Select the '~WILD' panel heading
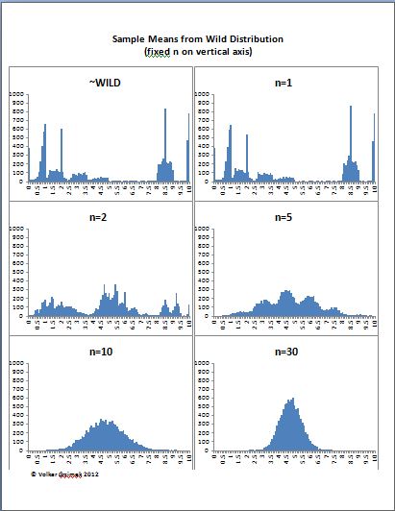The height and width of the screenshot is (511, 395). click(x=100, y=82)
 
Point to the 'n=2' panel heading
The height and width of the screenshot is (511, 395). click(x=100, y=217)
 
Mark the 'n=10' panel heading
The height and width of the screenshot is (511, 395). click(x=100, y=352)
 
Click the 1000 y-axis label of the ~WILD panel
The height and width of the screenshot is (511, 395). click(x=17, y=94)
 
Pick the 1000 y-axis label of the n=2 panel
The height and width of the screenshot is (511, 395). click(x=17, y=230)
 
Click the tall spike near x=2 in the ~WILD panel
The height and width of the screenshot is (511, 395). click(x=62, y=131)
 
